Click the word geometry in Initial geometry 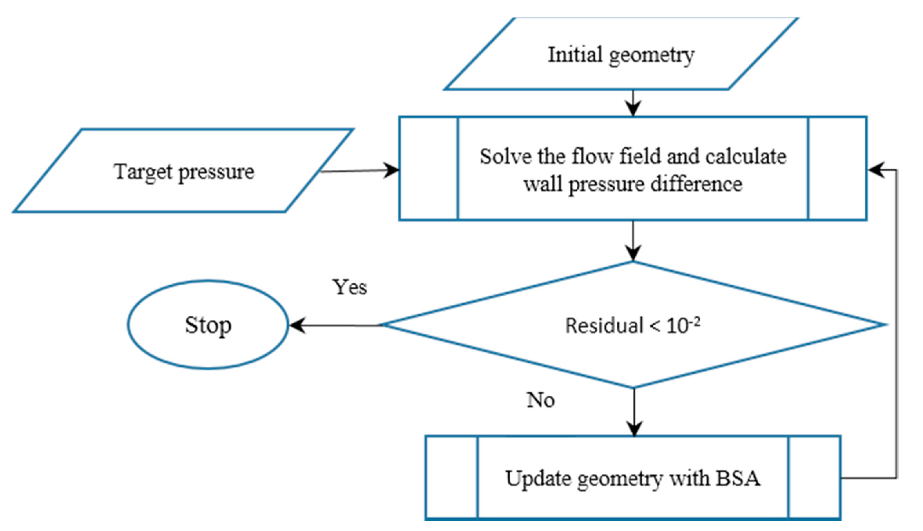pos(652,56)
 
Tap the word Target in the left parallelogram pos(143,171)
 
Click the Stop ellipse pos(208,325)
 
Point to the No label pos(540,400)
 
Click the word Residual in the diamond pos(604,326)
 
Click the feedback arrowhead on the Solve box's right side pos(877,170)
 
